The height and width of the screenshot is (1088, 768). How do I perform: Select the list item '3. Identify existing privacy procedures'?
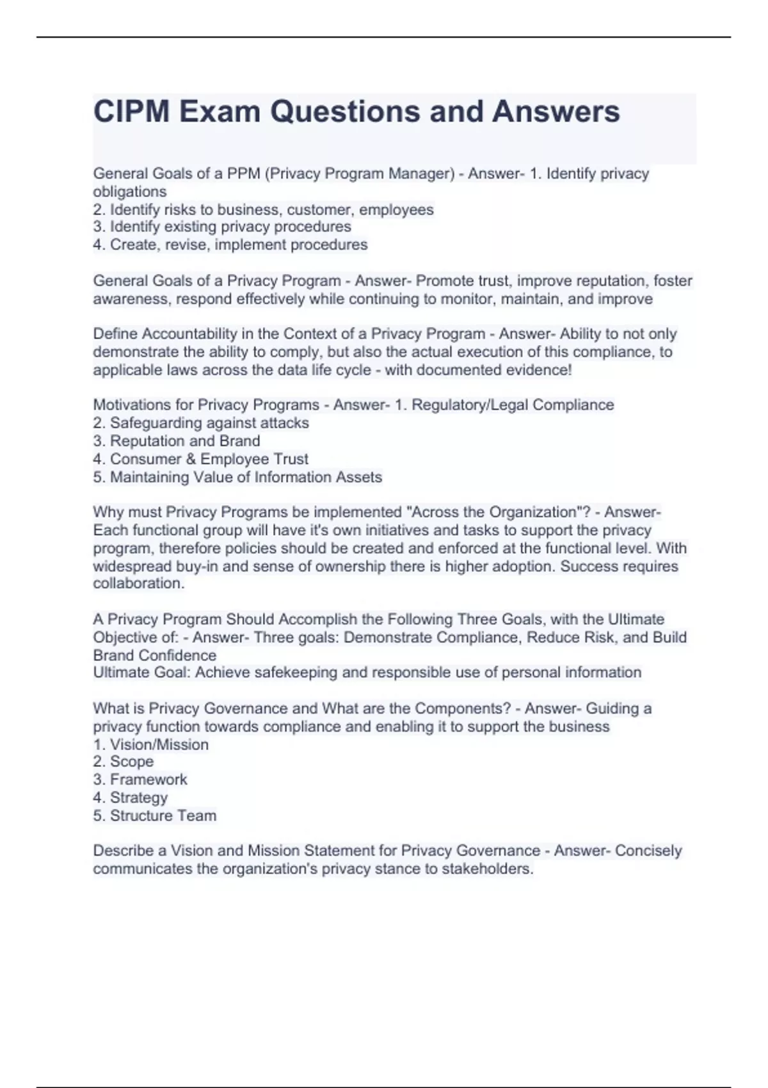pyautogui.click(x=222, y=227)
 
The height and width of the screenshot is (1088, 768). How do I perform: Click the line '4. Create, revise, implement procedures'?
pyautogui.click(x=230, y=244)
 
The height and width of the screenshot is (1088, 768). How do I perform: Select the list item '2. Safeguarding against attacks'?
pyautogui.click(x=201, y=423)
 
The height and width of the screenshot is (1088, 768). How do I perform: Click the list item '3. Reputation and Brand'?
pyautogui.click(x=177, y=441)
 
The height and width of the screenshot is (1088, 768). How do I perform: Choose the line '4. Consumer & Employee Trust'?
pyautogui.click(x=201, y=459)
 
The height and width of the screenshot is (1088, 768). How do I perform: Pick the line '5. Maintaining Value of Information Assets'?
pyautogui.click(x=237, y=477)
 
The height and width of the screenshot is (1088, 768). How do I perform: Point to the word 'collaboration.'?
pyautogui.click(x=139, y=584)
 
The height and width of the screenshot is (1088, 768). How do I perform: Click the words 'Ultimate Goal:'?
pyautogui.click(x=141, y=673)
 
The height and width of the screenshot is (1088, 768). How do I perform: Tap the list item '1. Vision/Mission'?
pyautogui.click(x=151, y=745)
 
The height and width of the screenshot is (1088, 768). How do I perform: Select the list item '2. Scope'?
pyautogui.click(x=124, y=762)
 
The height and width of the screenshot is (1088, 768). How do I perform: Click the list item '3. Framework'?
pyautogui.click(x=140, y=780)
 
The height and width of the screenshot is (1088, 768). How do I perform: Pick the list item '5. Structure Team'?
pyautogui.click(x=155, y=816)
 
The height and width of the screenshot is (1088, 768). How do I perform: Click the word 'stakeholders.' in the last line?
pyautogui.click(x=488, y=869)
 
